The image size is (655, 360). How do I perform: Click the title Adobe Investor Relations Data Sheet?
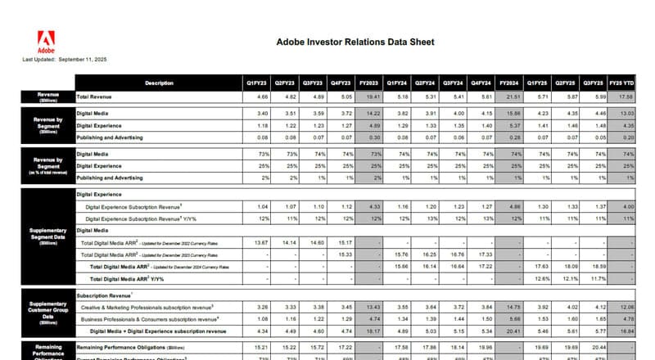(x=355, y=42)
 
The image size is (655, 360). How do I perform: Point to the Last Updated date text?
(x=65, y=60)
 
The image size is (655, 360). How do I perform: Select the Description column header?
(x=159, y=83)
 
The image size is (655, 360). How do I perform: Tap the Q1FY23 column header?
(x=256, y=83)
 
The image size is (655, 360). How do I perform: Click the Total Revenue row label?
(x=95, y=97)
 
